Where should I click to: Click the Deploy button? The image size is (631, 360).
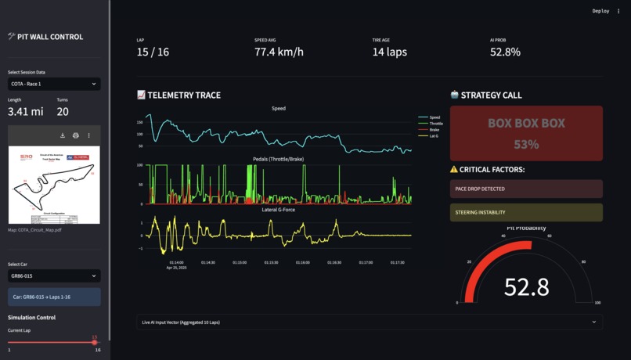click(600, 11)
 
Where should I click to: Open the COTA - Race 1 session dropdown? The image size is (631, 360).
click(54, 84)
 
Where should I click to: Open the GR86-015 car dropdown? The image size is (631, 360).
click(54, 275)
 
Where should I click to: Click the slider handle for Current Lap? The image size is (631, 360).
click(95, 342)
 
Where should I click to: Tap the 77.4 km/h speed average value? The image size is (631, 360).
click(279, 52)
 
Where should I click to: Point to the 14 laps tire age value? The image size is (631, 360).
click(389, 52)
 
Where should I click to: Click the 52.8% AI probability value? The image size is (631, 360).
click(505, 52)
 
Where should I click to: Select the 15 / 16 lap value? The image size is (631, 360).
click(153, 52)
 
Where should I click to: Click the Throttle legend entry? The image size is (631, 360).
click(436, 124)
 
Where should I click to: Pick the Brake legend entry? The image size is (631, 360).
click(434, 130)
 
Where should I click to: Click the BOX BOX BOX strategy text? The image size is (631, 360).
click(526, 123)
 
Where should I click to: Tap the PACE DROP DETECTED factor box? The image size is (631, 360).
click(526, 189)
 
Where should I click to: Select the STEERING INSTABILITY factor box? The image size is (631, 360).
click(526, 212)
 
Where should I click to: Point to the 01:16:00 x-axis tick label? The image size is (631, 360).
click(303, 263)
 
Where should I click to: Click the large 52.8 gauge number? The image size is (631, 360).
click(526, 287)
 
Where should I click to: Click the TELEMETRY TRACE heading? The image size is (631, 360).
click(184, 95)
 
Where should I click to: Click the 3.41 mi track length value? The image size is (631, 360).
click(25, 112)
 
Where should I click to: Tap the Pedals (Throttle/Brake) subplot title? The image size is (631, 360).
click(279, 159)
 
